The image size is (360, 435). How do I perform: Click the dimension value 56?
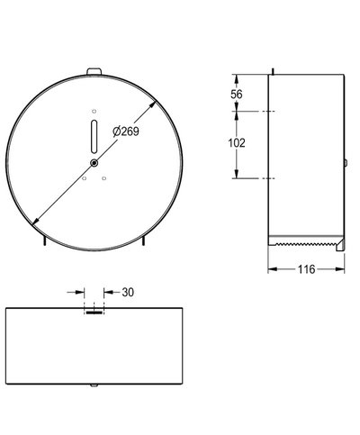pos(237,94)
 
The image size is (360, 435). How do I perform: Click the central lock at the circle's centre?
pos(94,162)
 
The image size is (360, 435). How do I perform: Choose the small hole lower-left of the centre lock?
pos(84,177)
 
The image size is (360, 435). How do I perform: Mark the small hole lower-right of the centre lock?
pos(105,177)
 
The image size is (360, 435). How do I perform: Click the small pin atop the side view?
pos(271,71)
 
